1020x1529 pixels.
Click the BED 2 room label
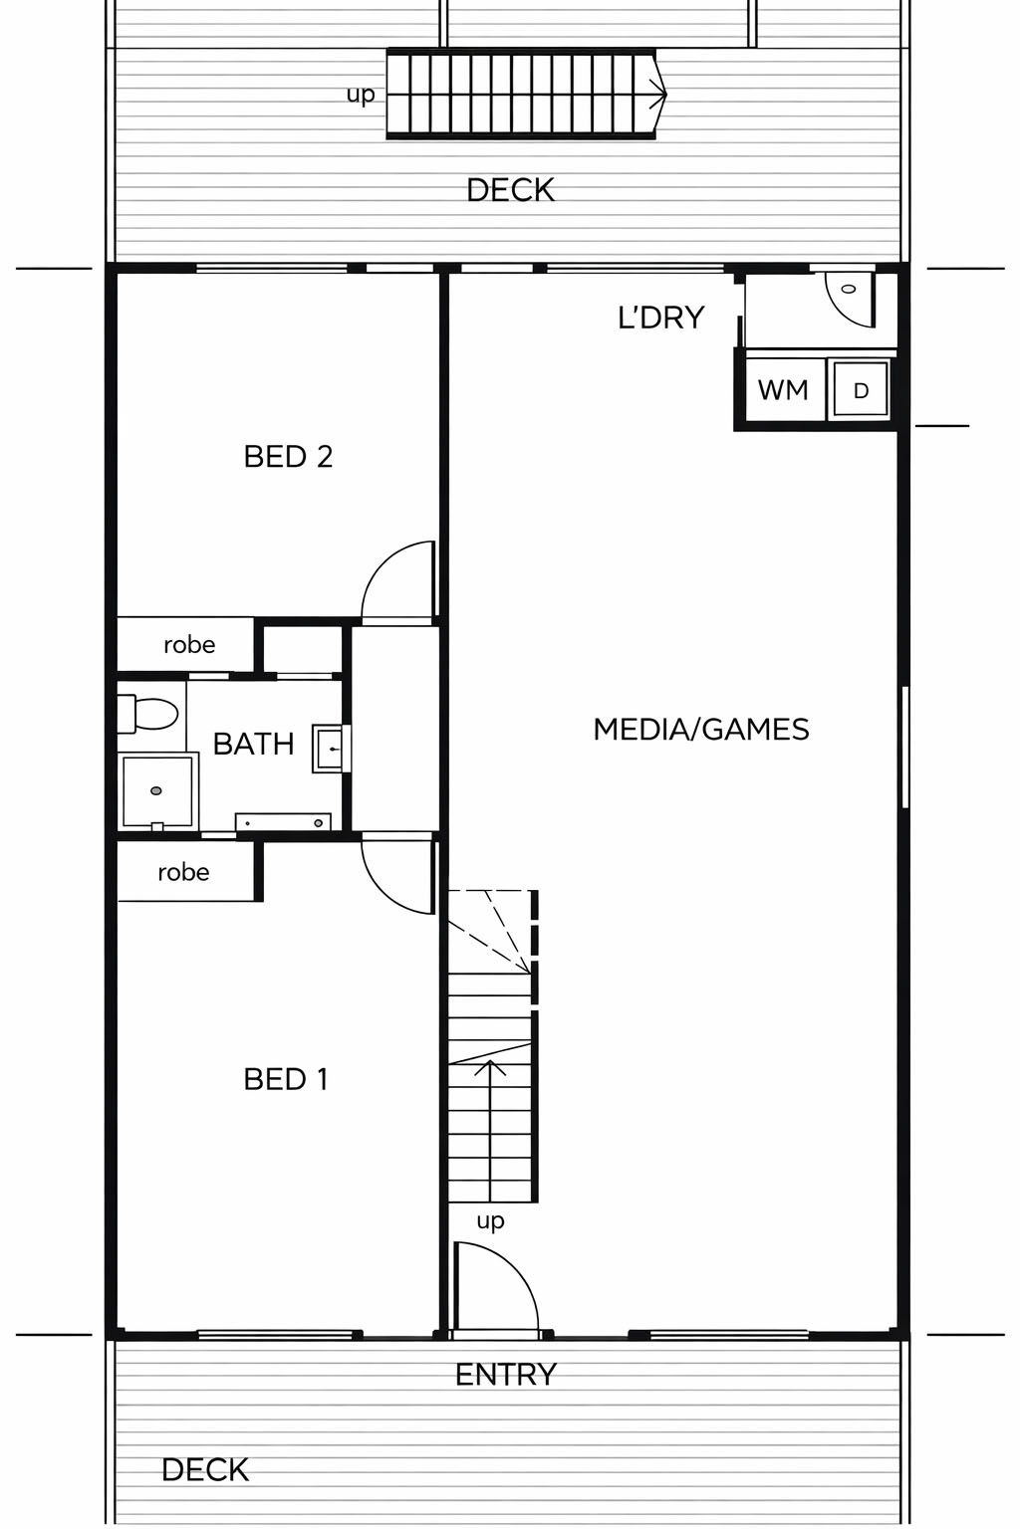tap(288, 456)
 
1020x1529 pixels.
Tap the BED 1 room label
tap(286, 1079)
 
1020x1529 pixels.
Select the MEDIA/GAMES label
tap(701, 729)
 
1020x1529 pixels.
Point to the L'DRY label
tap(660, 318)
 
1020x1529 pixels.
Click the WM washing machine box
tap(784, 390)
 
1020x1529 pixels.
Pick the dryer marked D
tap(861, 390)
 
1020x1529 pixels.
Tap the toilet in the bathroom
tap(147, 714)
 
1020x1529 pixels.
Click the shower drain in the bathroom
tap(156, 790)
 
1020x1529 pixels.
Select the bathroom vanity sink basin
tap(330, 749)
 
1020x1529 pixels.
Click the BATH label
tap(253, 744)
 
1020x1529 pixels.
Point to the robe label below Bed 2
tap(189, 644)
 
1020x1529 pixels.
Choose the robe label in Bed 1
tap(183, 872)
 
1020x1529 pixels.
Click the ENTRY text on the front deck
tap(506, 1374)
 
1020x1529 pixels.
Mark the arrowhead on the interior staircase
tap(490, 1066)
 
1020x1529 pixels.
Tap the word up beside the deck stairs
tap(361, 95)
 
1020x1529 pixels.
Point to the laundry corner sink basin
tap(850, 299)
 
